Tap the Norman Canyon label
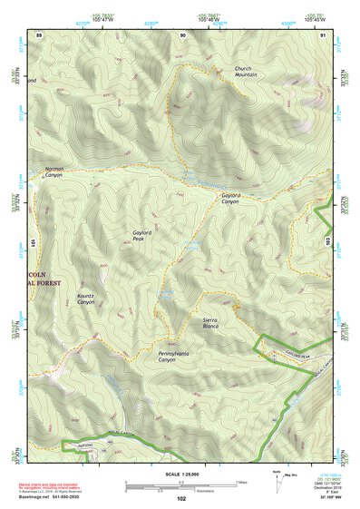point(55,171)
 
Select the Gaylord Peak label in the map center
point(144,236)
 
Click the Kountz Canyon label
point(86,299)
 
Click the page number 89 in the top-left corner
point(39,34)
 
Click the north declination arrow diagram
point(279,479)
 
